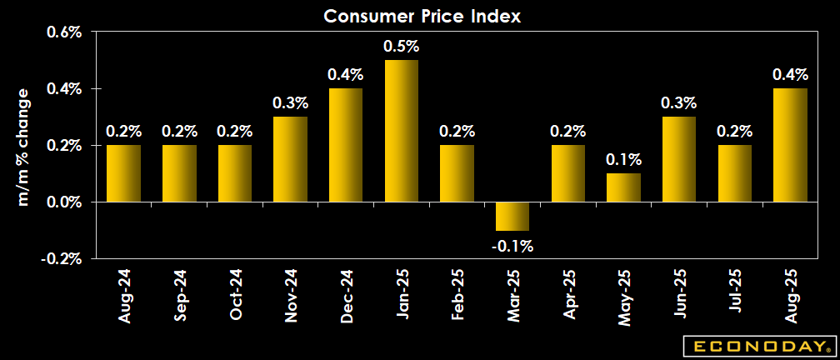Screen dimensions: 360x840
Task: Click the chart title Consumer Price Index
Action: tap(421, 16)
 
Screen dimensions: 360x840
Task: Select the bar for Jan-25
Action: tap(401, 131)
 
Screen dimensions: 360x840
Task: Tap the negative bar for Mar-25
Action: tap(512, 216)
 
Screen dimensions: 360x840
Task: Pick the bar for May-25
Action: tap(622, 187)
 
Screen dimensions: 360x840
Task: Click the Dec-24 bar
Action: tap(346, 145)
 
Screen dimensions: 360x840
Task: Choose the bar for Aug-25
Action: tap(790, 145)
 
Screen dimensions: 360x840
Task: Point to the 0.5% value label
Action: tap(401, 47)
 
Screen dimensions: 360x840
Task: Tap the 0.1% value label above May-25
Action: tap(622, 160)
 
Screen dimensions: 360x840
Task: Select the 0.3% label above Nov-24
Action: tap(291, 103)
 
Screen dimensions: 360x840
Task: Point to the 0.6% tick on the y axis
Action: tap(62, 32)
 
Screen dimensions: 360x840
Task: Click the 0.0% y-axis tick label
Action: tap(62, 202)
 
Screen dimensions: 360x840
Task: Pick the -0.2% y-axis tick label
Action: tap(60, 258)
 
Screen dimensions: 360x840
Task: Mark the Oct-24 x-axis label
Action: tap(235, 293)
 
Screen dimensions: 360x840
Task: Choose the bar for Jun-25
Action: tap(678, 159)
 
